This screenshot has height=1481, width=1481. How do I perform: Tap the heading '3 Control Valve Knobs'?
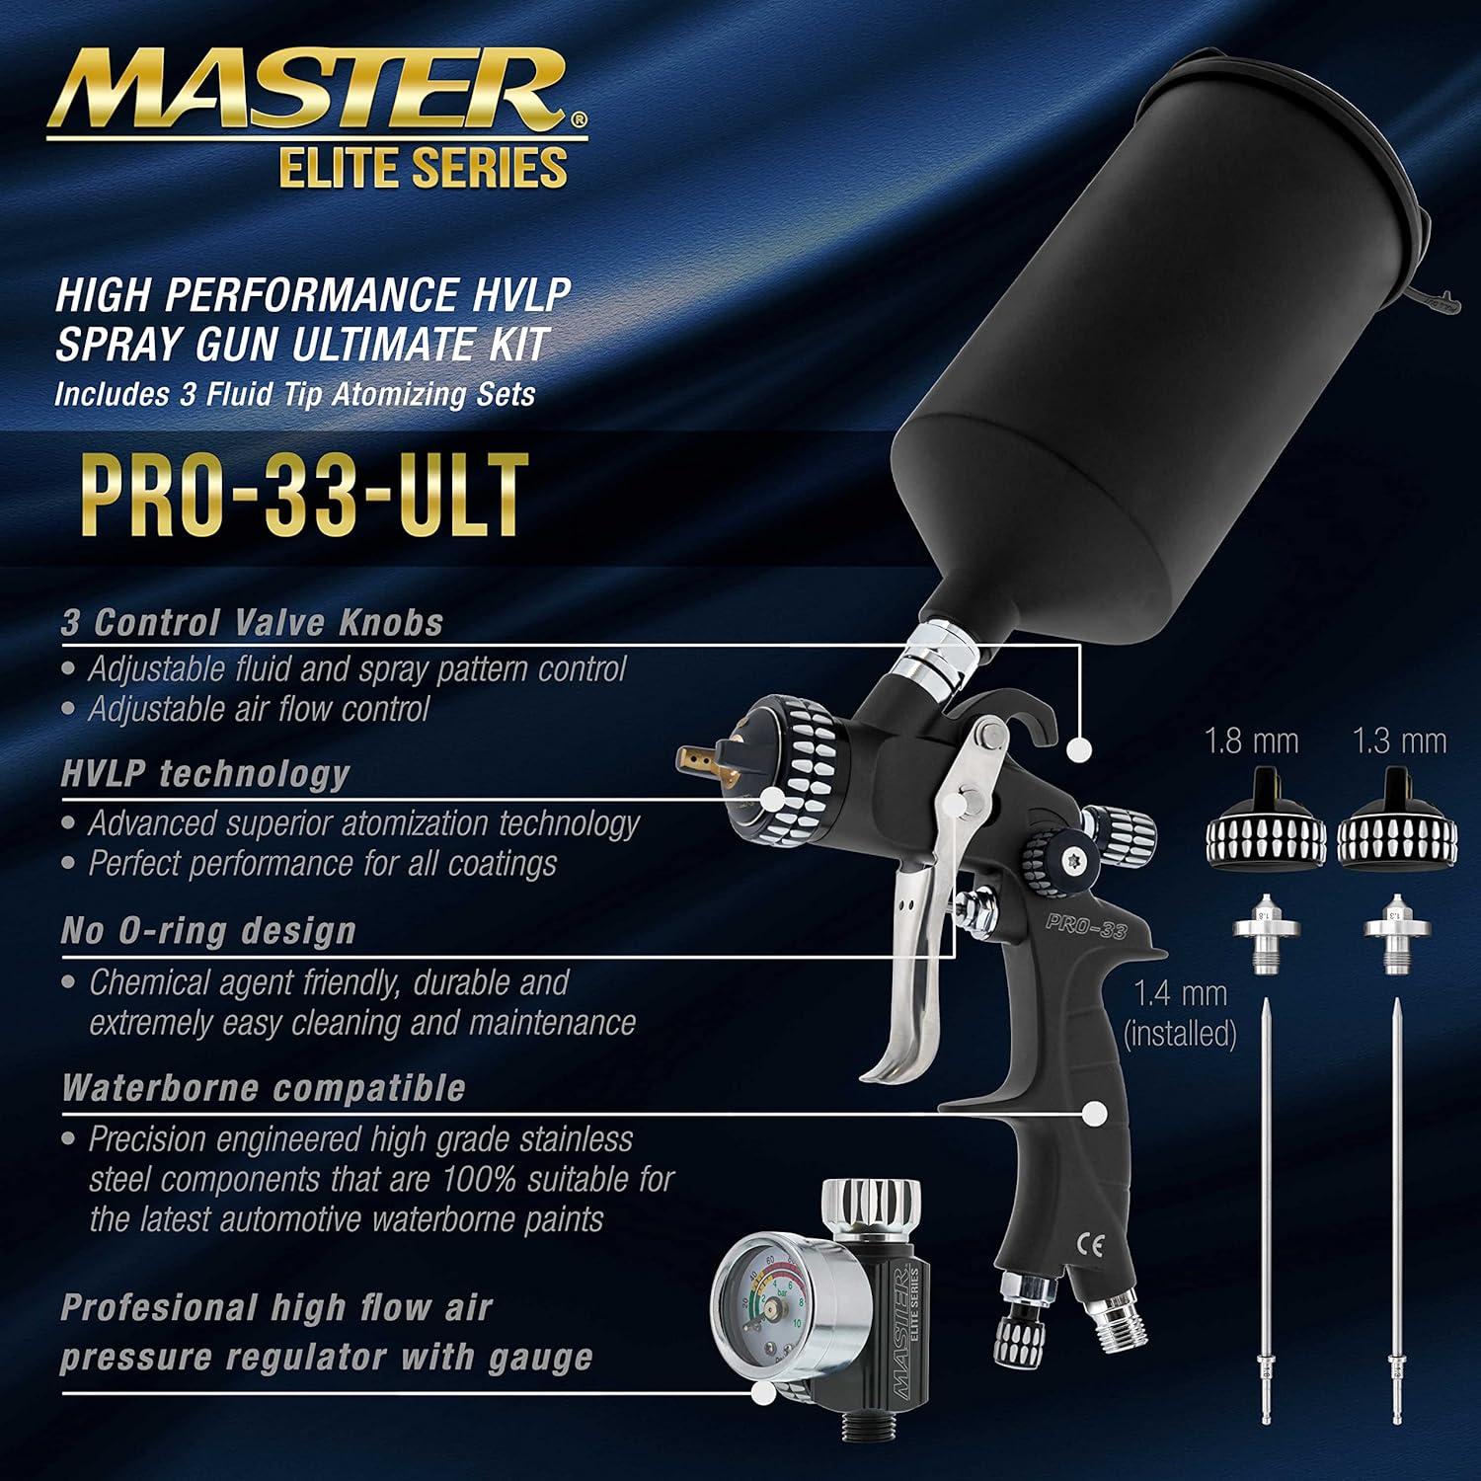coord(252,623)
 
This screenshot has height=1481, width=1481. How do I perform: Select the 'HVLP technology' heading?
coord(205,774)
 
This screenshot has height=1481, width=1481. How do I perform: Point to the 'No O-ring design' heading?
coord(208,931)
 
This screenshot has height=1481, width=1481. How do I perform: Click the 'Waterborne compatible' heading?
coord(263,1088)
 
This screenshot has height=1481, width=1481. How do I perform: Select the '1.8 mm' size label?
coord(1252,741)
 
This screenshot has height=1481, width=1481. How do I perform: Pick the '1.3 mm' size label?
coord(1400,741)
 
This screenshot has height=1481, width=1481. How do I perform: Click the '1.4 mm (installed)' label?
coord(1180,1013)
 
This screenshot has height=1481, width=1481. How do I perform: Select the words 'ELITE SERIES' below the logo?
coord(424,167)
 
